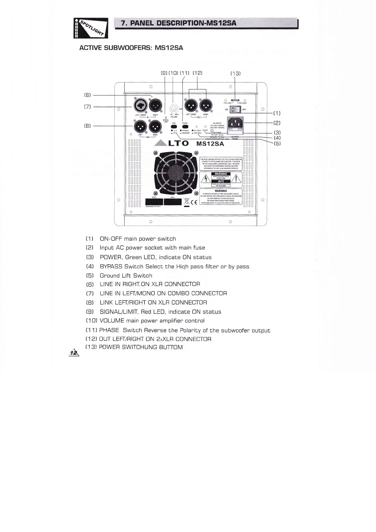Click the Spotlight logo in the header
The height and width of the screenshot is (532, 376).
[91, 28]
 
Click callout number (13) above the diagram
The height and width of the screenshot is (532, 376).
[235, 73]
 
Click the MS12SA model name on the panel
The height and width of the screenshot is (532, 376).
[210, 144]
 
